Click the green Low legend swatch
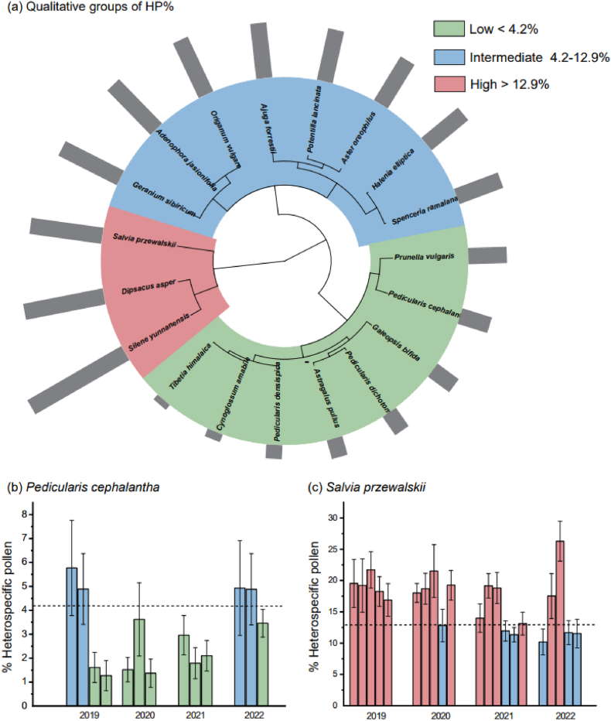pyautogui.click(x=448, y=29)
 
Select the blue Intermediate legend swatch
pyautogui.click(x=448, y=57)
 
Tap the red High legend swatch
pyautogui.click(x=448, y=84)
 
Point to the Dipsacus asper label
pyautogui.click(x=148, y=292)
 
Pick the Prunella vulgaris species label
pyautogui.click(x=423, y=255)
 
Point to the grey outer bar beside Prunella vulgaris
pyautogui.click(x=487, y=255)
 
